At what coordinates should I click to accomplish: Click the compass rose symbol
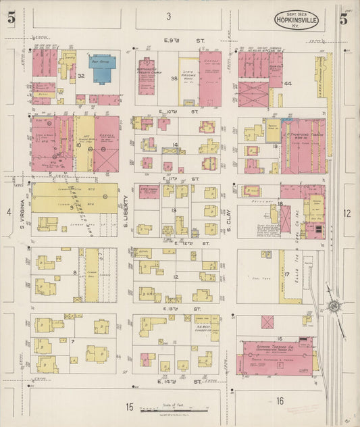pos(332,307)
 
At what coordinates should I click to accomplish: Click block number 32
pos(80,76)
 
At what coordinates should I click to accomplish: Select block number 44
pos(288,83)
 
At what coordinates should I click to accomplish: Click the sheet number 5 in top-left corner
pos(11,18)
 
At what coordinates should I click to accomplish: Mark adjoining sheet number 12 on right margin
pos(346,214)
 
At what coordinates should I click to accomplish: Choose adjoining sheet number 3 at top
pos(169,16)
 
